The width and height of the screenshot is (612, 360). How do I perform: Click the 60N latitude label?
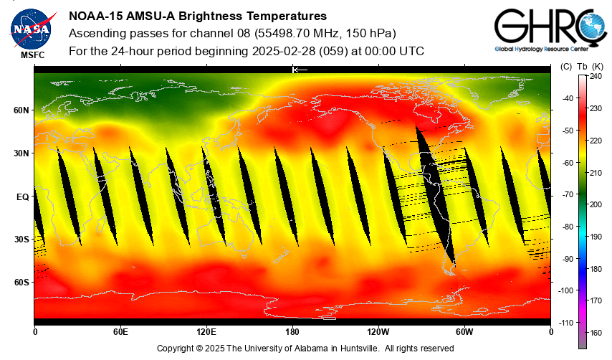pyautogui.click(x=21, y=110)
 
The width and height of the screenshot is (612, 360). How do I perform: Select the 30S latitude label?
pyautogui.click(x=21, y=240)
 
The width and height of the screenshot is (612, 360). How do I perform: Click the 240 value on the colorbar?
pyautogui.click(x=596, y=76)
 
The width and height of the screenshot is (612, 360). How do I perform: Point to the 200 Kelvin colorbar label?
pyautogui.click(x=596, y=204)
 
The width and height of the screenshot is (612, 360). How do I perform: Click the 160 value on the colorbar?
pyautogui.click(x=596, y=333)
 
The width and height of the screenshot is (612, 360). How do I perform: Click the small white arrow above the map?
pyautogui.click(x=300, y=70)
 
